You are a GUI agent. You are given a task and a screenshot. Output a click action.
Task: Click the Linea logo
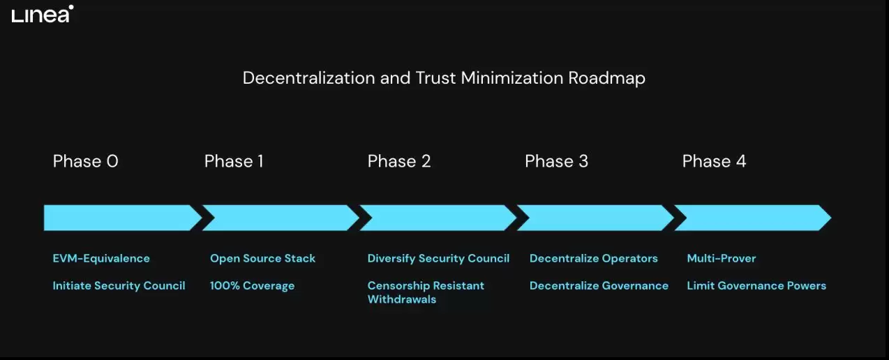(43, 14)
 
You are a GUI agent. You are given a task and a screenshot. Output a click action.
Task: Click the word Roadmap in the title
(606, 79)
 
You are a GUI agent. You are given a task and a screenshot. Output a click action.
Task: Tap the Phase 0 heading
(86, 161)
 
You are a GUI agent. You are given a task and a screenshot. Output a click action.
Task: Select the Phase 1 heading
(234, 161)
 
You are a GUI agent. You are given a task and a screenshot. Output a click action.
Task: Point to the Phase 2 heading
(399, 161)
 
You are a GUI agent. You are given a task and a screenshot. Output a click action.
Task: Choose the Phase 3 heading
(556, 161)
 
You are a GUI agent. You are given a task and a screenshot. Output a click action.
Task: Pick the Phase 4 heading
(714, 161)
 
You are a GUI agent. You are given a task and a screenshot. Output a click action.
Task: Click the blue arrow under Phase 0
(123, 218)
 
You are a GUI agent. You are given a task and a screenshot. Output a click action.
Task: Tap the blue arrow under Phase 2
(438, 218)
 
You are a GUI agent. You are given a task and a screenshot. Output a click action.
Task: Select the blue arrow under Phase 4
(752, 218)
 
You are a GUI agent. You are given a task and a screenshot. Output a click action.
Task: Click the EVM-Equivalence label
(101, 258)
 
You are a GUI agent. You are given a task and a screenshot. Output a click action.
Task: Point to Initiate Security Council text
(119, 286)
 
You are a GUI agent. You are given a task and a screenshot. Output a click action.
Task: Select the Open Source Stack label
(263, 258)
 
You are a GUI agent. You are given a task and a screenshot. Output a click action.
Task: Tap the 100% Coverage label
(252, 286)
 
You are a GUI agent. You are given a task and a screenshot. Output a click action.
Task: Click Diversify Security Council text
(438, 258)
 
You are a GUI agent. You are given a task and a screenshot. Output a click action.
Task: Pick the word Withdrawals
(402, 299)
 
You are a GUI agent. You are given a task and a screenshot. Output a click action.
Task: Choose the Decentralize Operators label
(594, 258)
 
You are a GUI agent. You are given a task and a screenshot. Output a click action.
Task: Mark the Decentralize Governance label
(599, 286)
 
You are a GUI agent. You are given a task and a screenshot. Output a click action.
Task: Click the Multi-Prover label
(722, 258)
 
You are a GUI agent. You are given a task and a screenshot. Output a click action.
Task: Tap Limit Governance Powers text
(756, 286)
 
